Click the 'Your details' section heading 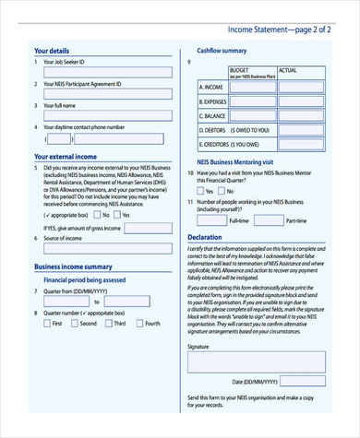pos(52,50)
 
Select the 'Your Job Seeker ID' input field pos(108,72)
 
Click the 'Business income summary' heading pos(73,266)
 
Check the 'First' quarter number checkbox pos(45,324)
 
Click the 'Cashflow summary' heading pos(222,50)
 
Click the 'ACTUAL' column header pos(287,69)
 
